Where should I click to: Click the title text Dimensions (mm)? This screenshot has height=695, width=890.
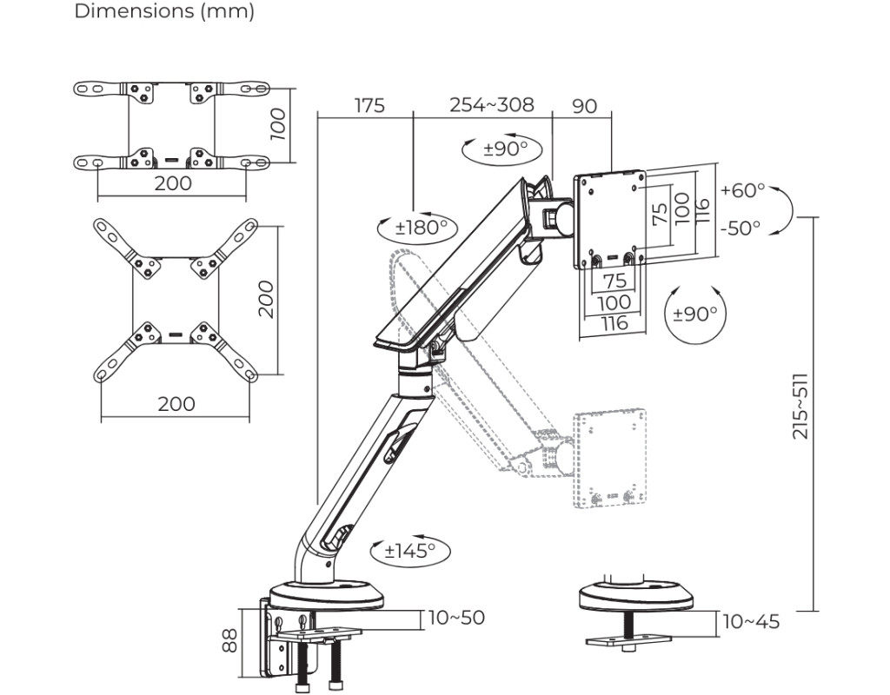[x=164, y=12]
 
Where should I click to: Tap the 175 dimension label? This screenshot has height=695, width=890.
[x=369, y=106]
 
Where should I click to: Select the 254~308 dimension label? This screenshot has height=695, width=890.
[x=491, y=105]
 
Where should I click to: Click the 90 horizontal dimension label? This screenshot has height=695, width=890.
[x=585, y=106]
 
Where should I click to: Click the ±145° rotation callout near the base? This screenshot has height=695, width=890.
[x=410, y=550]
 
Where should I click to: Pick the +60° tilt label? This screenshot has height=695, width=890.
[x=743, y=190]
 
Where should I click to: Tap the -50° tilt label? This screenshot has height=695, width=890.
[x=741, y=228]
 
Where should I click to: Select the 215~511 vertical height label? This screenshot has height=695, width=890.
[x=800, y=406]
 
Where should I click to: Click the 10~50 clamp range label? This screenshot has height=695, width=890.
[x=457, y=618]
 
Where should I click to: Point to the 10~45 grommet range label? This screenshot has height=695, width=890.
[x=751, y=622]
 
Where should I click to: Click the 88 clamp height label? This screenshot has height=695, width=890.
[x=229, y=641]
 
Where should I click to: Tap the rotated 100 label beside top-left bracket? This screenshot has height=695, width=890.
[x=277, y=124]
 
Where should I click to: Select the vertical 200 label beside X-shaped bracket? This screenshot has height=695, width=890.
[x=267, y=299]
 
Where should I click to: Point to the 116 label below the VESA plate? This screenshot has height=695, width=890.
[x=613, y=324]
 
